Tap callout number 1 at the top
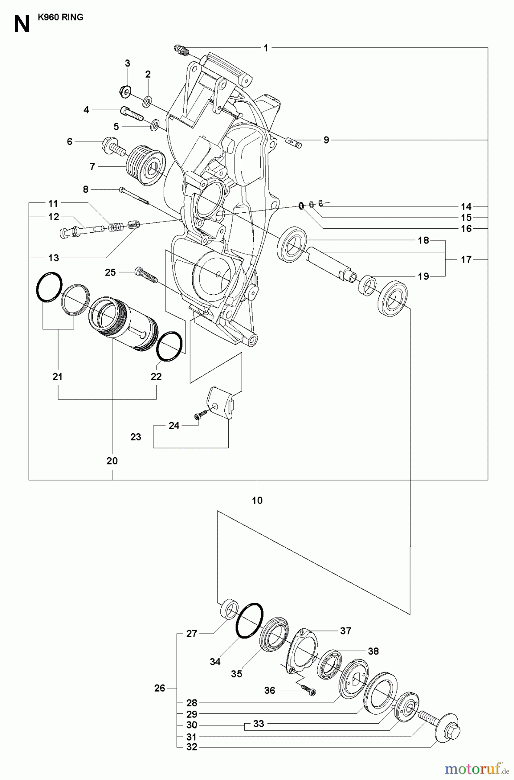(266, 48)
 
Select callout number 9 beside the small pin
(327, 140)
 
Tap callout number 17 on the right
(466, 260)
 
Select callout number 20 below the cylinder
(112, 461)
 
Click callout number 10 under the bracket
(257, 500)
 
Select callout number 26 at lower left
(160, 688)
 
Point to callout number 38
(373, 651)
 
